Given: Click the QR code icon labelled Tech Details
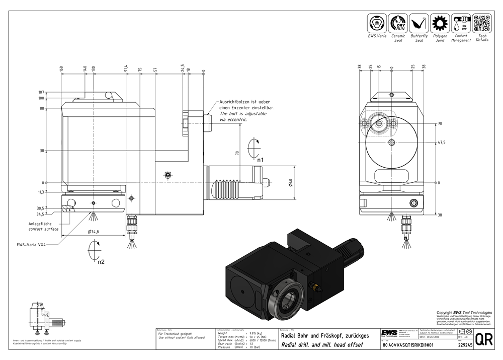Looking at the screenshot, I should (482, 24).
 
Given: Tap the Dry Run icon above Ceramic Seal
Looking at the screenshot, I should (398, 24).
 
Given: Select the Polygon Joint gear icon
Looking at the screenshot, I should (440, 24).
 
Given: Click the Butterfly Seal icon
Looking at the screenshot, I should (419, 24).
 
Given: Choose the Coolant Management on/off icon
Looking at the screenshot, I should (461, 24).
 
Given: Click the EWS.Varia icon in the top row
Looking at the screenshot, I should (377, 24).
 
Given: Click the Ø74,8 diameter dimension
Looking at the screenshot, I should (94, 232).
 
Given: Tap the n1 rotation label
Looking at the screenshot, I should (261, 160).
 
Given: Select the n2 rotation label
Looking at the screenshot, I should (101, 262).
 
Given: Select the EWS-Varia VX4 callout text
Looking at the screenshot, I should (32, 245).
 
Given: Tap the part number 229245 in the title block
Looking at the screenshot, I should (465, 346).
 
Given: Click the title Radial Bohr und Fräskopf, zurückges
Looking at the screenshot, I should (325, 335).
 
